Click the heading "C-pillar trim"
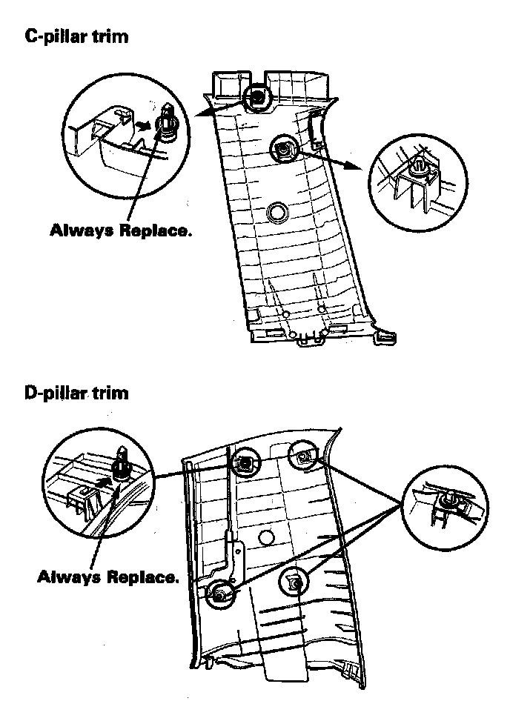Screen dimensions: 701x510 (x=76, y=36)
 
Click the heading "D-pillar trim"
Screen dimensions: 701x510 (x=76, y=392)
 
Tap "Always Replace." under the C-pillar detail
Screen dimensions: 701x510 (x=120, y=230)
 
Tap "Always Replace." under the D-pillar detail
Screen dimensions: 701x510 (x=107, y=577)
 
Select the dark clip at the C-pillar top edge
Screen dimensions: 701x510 (x=257, y=96)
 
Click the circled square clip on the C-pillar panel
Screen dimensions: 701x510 (x=282, y=149)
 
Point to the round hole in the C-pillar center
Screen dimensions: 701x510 (x=279, y=212)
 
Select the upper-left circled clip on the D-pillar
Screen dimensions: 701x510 (x=245, y=465)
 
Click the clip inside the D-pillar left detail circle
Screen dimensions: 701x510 (x=121, y=465)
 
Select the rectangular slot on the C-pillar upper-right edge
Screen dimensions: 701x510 (x=315, y=126)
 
